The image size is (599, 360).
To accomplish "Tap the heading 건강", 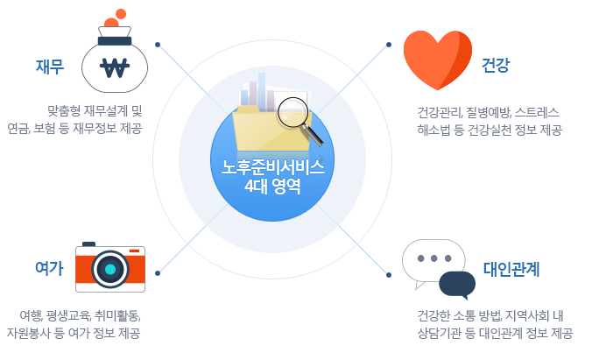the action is [496, 66].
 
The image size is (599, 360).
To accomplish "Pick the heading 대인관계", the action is [511, 270].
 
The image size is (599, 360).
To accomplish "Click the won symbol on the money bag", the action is [115, 67].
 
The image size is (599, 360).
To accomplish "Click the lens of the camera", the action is [110, 269].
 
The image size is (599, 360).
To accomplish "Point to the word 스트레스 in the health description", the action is [537, 112].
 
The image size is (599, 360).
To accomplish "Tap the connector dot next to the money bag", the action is [157, 44].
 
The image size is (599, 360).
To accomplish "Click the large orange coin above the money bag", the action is [121, 14].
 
